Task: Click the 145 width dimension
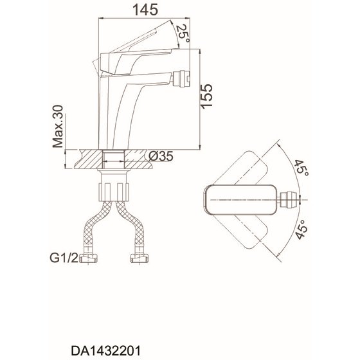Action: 145,10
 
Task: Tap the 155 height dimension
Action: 206,96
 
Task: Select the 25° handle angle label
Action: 183,33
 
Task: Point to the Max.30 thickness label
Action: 57,126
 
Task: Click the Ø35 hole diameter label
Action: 161,157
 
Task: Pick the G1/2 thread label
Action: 64,258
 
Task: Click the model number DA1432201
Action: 105,351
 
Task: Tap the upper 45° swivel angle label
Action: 301,168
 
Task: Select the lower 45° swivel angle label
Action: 301,230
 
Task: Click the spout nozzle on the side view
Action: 181,78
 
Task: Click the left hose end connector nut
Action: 89,258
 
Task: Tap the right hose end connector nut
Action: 139,258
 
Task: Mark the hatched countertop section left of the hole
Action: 89,159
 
